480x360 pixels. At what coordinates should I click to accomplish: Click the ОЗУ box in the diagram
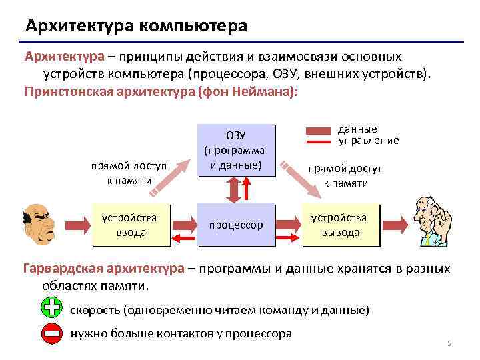point(236,150)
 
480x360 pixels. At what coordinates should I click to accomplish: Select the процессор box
point(236,225)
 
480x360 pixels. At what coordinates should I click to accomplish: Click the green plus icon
point(52,308)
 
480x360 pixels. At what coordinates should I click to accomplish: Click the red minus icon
point(52,333)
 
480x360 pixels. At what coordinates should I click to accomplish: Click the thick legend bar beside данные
point(319,131)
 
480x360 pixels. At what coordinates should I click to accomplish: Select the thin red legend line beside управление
point(319,141)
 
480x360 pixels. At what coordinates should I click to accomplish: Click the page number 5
point(449,343)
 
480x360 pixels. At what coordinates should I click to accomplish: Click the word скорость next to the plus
point(93,310)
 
